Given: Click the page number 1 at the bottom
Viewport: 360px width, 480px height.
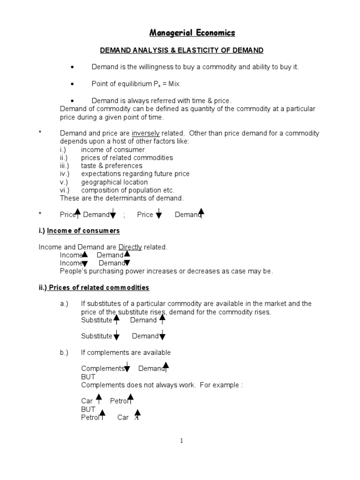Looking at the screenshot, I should [181, 441].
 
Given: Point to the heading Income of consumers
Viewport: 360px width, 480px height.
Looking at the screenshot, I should [83, 231].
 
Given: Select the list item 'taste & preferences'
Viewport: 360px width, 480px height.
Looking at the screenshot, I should [112, 166].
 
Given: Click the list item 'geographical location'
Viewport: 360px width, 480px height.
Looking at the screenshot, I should [114, 182].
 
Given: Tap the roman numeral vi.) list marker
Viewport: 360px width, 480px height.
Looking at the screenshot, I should [65, 190].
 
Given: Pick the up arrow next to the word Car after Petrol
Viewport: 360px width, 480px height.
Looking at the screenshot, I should [137, 414].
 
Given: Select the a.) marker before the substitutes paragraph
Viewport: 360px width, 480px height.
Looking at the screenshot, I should [64, 304].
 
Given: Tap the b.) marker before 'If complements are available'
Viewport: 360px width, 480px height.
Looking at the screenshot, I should [64, 352].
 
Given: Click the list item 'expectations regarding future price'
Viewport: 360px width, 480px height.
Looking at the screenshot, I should [135, 174].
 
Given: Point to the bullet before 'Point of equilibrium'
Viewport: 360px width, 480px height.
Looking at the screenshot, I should [72, 84].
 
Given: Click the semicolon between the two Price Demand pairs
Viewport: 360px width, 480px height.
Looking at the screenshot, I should [124, 215].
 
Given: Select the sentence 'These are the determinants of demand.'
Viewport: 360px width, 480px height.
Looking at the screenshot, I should [121, 198].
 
